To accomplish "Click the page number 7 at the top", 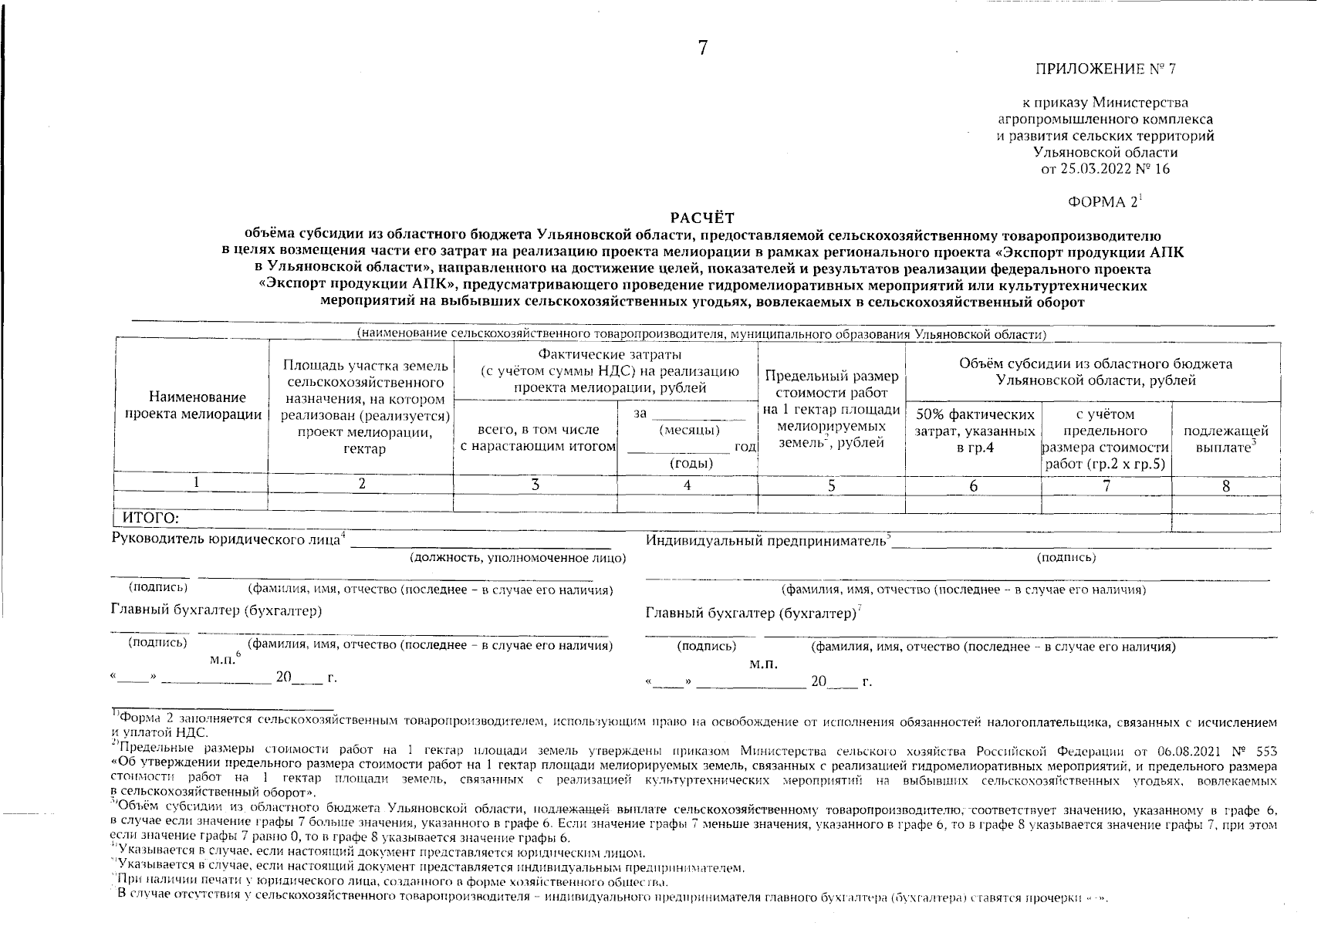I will pyautogui.click(x=702, y=48).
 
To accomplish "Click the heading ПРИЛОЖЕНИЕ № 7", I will pyautogui.click(x=1105, y=69).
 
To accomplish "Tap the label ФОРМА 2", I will pyautogui.click(x=1103, y=202).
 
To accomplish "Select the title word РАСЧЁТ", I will pyautogui.click(x=702, y=218).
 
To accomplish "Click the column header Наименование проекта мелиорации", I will pyautogui.click(x=192, y=406).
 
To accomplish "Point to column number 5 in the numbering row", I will pyautogui.click(x=831, y=485).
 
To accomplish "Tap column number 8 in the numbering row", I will pyautogui.click(x=1225, y=485).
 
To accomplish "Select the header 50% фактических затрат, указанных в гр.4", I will pyautogui.click(x=974, y=431).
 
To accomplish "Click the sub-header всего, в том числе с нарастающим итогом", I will pyautogui.click(x=538, y=438).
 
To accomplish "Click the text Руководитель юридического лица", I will pyautogui.click(x=226, y=539).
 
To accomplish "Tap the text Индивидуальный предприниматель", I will pyautogui.click(x=766, y=541).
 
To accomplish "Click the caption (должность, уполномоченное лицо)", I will pyautogui.click(x=518, y=557).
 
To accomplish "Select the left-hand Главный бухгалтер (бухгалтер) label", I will pyautogui.click(x=216, y=610).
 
